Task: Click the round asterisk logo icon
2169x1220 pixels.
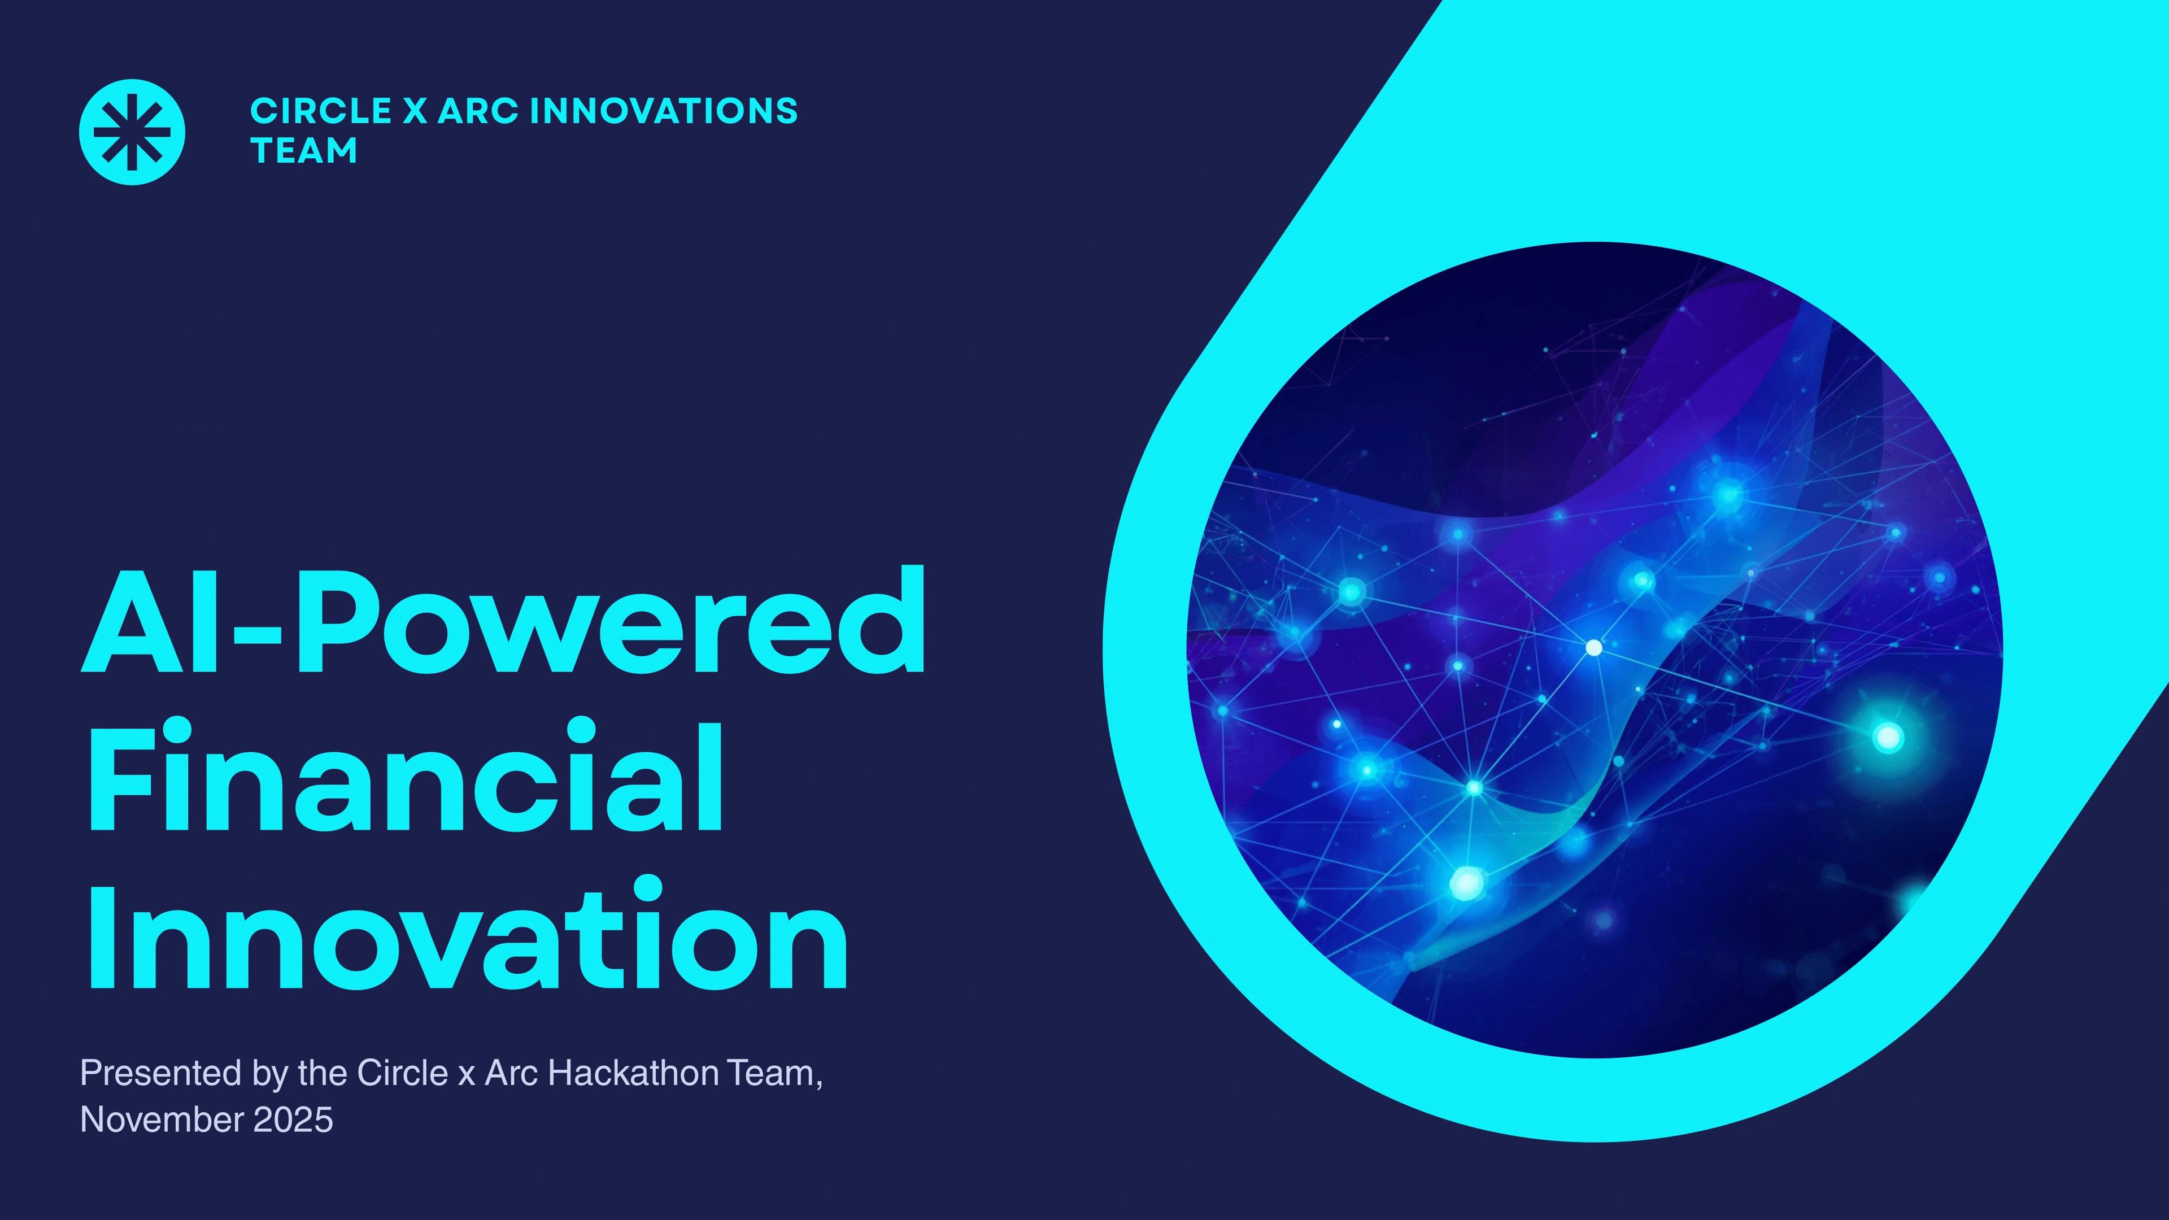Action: [132, 132]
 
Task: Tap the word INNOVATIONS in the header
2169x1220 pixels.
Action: [664, 111]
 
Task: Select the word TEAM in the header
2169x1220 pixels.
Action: [304, 151]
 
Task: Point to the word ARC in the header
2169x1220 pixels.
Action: [477, 111]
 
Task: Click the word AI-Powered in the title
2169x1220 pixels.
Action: [503, 621]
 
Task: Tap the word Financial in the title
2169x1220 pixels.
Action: [405, 776]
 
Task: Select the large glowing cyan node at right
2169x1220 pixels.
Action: [1888, 738]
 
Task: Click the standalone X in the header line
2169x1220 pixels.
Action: [414, 111]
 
